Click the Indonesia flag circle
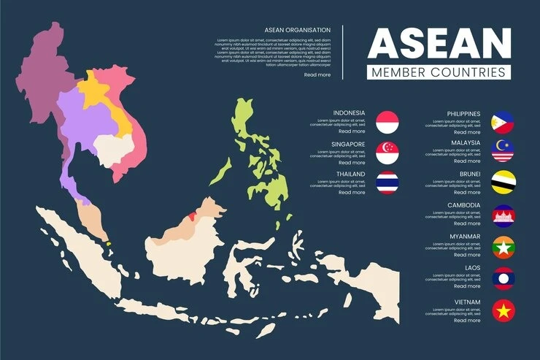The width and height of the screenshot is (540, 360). coord(387,122)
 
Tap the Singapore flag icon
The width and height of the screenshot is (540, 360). coord(387,152)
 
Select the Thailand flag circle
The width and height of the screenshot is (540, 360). coord(387,183)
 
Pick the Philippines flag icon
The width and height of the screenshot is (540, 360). coord(503,122)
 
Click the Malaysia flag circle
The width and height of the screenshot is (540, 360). coord(503,151)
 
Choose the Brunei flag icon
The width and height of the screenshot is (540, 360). coord(503,183)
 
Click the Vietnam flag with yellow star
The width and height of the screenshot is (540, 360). coord(503,310)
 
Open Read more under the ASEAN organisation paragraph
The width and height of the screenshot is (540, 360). coord(317,74)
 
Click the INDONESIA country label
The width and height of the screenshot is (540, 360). coord(349,113)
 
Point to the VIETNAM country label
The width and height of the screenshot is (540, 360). coord(466,302)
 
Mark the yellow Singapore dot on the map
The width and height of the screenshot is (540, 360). coord(107,244)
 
